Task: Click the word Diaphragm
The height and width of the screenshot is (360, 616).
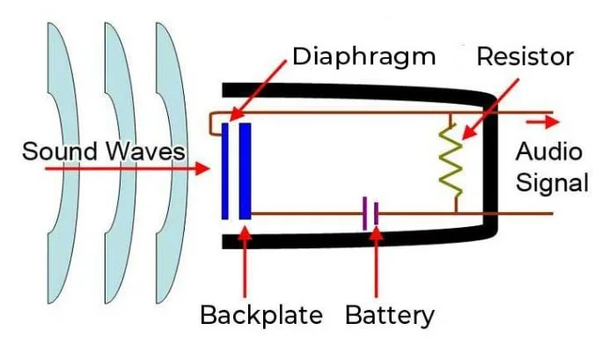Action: pyautogui.click(x=363, y=57)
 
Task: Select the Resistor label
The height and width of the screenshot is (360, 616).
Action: pyautogui.click(x=524, y=57)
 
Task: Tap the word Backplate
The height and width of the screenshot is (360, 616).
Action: pyautogui.click(x=261, y=314)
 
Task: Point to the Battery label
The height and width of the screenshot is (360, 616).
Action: pyautogui.click(x=390, y=314)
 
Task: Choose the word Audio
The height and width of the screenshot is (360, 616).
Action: pyautogui.click(x=548, y=151)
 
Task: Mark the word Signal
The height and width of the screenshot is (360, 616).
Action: pyautogui.click(x=552, y=183)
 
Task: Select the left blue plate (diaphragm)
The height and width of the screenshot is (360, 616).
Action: pyautogui.click(x=225, y=171)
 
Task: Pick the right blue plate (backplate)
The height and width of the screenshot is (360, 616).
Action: pyautogui.click(x=245, y=171)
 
